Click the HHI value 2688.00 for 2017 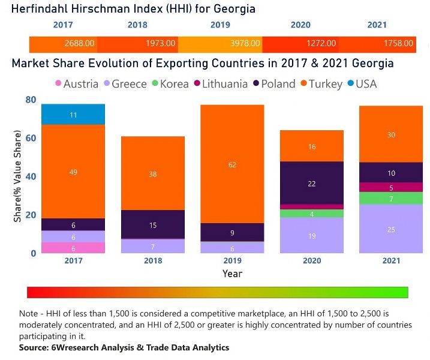(80, 43)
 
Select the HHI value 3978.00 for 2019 (246, 43)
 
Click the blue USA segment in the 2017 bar (73, 114)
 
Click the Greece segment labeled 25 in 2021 (391, 229)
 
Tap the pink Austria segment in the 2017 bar (73, 247)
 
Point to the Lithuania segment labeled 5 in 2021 (391, 187)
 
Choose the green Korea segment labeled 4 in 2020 (312, 213)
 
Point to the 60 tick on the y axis (31, 138)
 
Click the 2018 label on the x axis (152, 261)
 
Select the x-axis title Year (232, 274)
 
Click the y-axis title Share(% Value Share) (17, 177)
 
